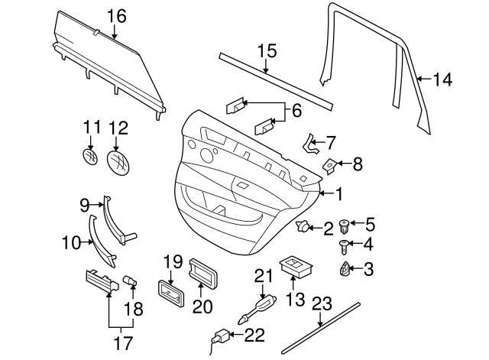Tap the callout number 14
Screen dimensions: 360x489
pyautogui.click(x=442, y=78)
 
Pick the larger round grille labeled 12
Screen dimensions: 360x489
pyautogui.click(x=118, y=161)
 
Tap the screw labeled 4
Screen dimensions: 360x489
pyautogui.click(x=345, y=246)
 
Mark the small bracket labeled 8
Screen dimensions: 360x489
pyautogui.click(x=330, y=163)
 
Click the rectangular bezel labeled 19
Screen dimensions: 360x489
pyautogui.click(x=169, y=292)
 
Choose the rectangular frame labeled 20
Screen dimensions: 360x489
pyautogui.click(x=201, y=272)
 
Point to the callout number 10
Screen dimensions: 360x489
pyautogui.click(x=70, y=244)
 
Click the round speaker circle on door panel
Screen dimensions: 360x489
pyautogui.click(x=207, y=155)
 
